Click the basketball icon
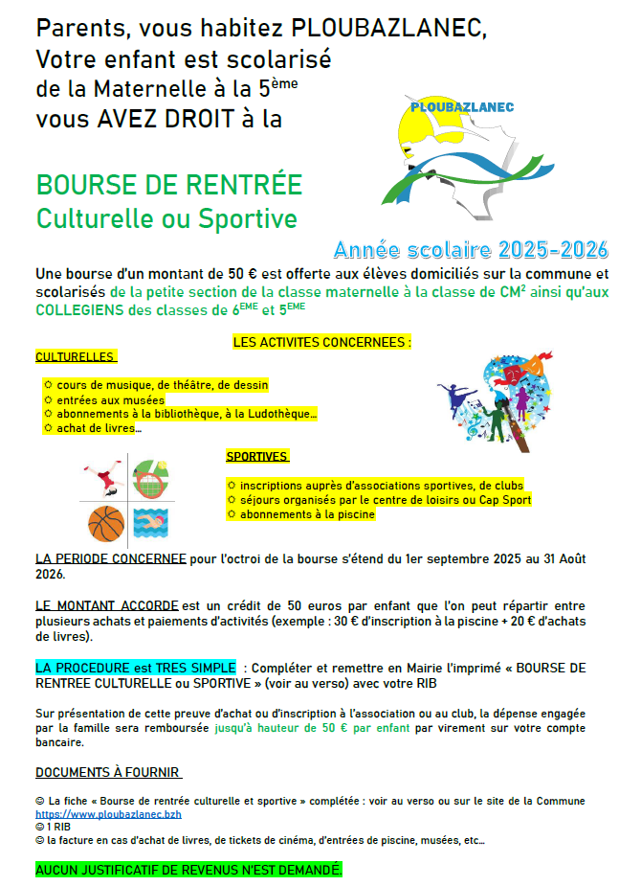coord(106,523)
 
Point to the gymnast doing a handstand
coord(102,475)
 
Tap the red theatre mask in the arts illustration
coord(511,371)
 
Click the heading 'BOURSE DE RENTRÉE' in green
coord(169,184)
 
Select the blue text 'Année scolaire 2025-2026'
coord(471,251)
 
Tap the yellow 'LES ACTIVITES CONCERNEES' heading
coord(322,342)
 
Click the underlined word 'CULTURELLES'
coord(76,356)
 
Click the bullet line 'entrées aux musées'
coord(110,399)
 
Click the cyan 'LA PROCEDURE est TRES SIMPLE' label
coord(135,667)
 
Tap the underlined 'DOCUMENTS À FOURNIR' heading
coord(108,772)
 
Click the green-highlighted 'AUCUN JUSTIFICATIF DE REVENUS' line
coord(188,870)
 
